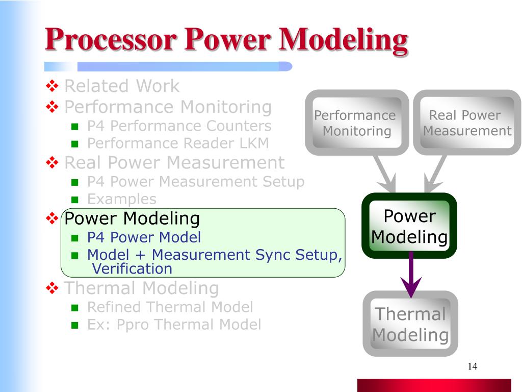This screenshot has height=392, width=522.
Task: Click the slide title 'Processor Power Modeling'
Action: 226,41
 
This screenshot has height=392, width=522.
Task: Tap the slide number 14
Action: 472,366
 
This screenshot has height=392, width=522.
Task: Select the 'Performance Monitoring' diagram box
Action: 356,123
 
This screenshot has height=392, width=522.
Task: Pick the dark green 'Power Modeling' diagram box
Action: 409,226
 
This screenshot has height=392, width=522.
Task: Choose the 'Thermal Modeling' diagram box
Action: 410,324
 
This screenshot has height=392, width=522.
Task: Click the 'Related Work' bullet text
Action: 122,86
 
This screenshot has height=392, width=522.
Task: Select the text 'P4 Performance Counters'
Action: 179,126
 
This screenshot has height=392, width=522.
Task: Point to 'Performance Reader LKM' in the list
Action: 177,143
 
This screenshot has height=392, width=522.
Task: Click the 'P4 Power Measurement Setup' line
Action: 196,181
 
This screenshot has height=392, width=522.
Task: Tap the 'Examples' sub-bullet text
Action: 121,199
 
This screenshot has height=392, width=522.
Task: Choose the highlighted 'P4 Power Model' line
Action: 144,237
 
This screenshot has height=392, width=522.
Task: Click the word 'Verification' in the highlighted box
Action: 132,268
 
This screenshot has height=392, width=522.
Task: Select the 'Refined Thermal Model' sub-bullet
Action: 170,307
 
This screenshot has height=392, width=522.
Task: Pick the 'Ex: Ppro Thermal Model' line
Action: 174,324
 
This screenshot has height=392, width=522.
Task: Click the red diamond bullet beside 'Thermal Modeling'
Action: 53,288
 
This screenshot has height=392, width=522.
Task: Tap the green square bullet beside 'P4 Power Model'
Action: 75,238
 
